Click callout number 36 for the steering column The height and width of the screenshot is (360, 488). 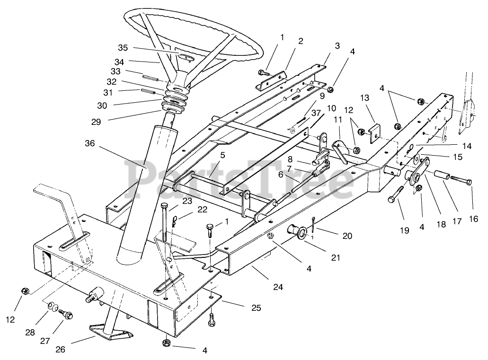click(x=89, y=143)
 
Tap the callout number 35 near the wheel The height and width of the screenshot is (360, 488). click(x=123, y=48)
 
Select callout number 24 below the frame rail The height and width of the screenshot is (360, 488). click(x=278, y=287)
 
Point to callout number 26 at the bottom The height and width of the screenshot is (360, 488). click(x=61, y=350)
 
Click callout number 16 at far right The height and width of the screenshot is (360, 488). click(x=473, y=219)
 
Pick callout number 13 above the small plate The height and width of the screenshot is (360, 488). click(x=364, y=98)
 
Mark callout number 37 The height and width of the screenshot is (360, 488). click(x=316, y=113)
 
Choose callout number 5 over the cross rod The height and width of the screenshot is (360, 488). click(x=222, y=155)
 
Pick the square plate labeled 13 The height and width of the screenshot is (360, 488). click(x=375, y=133)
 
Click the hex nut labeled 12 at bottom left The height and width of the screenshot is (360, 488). click(x=25, y=291)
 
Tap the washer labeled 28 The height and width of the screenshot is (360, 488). click(x=53, y=307)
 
